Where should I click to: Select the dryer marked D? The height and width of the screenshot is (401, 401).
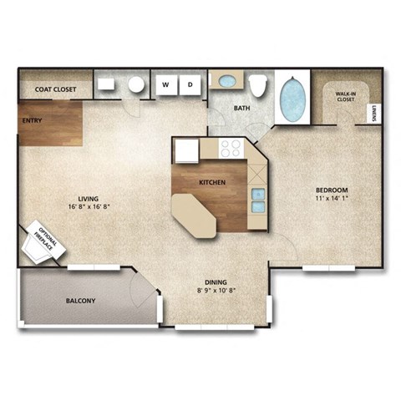coord(190,84)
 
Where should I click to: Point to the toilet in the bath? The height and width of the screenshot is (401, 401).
coord(258,85)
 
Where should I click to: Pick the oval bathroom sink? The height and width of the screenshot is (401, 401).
coord(225,82)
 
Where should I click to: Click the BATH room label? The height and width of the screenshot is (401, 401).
coord(241,109)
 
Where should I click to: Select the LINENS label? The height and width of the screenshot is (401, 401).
coord(373,114)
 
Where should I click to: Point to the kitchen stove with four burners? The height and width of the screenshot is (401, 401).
coord(231,149)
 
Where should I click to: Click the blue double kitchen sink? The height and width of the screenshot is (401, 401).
coord(258,200)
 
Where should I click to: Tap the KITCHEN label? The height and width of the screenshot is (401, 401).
coord(211,181)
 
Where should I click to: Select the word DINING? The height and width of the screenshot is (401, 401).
coord(215,282)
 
